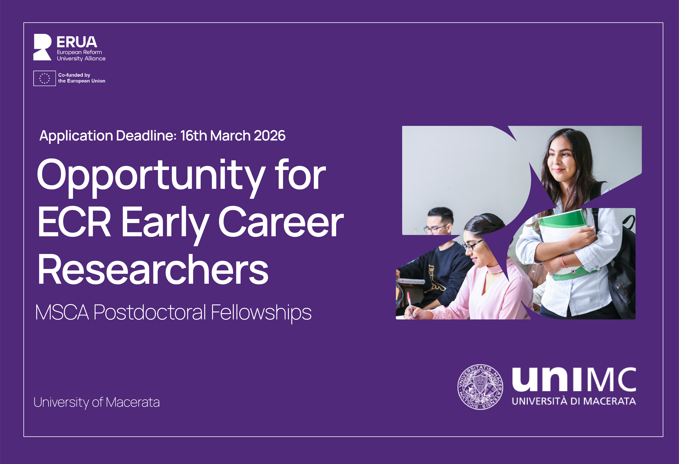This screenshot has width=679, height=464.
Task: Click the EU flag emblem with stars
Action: pyautogui.click(x=44, y=78)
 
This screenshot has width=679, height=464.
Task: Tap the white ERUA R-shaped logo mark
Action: pyautogui.click(x=42, y=47)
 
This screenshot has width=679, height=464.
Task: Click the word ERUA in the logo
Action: pyautogui.click(x=77, y=42)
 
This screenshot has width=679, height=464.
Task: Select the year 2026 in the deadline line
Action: pyautogui.click(x=269, y=135)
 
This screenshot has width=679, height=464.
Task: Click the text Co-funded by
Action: pyautogui.click(x=74, y=75)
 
